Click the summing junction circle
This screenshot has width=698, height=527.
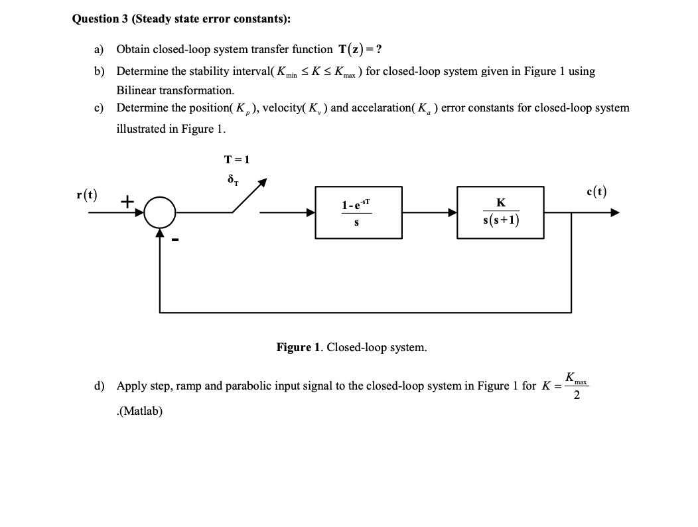click(x=159, y=212)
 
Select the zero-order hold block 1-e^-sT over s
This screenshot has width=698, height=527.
click(x=358, y=212)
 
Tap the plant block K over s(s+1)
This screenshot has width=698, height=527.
click(x=500, y=212)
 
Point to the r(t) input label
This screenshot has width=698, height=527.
click(x=86, y=194)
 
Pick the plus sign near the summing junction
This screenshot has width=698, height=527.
click(x=127, y=200)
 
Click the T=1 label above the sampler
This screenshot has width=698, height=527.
click(x=237, y=159)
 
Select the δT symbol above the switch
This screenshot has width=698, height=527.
click(x=232, y=179)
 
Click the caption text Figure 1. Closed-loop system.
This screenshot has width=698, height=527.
click(x=352, y=347)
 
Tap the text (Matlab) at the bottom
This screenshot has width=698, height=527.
click(x=139, y=411)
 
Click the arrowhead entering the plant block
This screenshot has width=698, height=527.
click(x=452, y=212)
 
